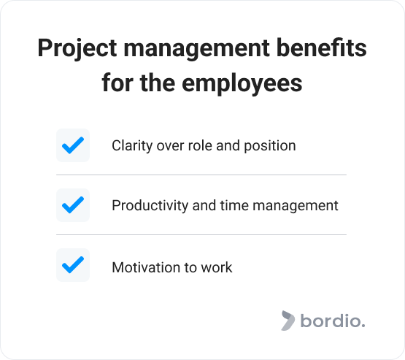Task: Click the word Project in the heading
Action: pyautogui.click(x=77, y=49)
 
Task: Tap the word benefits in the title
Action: pyautogui.click(x=321, y=47)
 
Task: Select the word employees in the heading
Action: pyautogui.click(x=242, y=84)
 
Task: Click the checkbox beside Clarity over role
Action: pyautogui.click(x=73, y=145)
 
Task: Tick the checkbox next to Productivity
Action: pyautogui.click(x=73, y=205)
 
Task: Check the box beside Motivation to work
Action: pyautogui.click(x=73, y=265)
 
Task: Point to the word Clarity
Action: pyautogui.click(x=132, y=146)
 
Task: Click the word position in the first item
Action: pyautogui.click(x=270, y=146)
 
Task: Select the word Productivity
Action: pyautogui.click(x=150, y=206)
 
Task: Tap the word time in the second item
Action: pyautogui.click(x=234, y=206)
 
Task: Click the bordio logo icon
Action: pyautogui.click(x=288, y=321)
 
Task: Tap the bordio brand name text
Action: pyautogui.click(x=333, y=321)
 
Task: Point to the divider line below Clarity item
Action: pyautogui.click(x=201, y=175)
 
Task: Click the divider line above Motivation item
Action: pyautogui.click(x=201, y=235)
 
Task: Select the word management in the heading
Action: pyautogui.click(x=196, y=49)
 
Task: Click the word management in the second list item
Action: pyautogui.click(x=296, y=206)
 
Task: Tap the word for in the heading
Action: pyautogui.click(x=118, y=83)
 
